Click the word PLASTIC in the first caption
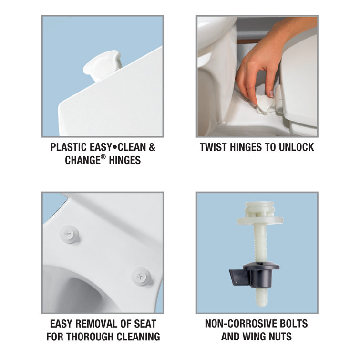pos(68,147)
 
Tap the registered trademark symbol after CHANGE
pos(103,157)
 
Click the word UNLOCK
pos(296,147)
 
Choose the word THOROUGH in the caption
pos(91,337)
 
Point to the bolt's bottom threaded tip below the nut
pos(261,298)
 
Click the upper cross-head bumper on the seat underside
pos(69,234)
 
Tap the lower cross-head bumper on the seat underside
pos(141,277)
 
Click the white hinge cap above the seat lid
pos(103,66)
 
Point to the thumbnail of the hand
pos(271,94)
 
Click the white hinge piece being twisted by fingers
pos(265,104)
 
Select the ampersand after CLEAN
pos(152,147)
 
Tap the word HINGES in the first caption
pos(124,160)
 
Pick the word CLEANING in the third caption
pos(138,337)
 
